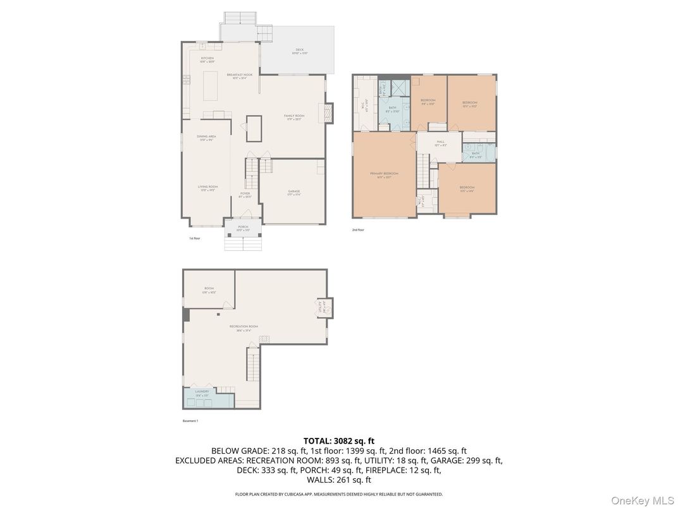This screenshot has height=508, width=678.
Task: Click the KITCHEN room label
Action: (x=207, y=59)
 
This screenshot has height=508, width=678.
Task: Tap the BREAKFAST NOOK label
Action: (x=240, y=75)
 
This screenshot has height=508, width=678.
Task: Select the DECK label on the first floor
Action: (x=299, y=51)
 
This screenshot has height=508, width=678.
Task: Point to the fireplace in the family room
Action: (x=328, y=114)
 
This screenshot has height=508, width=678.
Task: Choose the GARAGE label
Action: (x=293, y=191)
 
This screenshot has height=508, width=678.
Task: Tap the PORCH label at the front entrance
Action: (x=243, y=227)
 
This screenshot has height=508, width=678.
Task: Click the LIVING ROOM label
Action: (x=207, y=187)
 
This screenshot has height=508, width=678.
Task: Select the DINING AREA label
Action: (x=206, y=137)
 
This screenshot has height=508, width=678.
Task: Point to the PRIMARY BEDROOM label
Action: (x=385, y=174)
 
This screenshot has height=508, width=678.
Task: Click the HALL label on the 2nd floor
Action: (x=440, y=143)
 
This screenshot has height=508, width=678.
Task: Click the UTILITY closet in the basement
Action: (x=326, y=308)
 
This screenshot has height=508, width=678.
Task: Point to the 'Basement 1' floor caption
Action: (x=190, y=420)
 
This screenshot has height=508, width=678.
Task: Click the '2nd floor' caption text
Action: (x=358, y=230)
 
